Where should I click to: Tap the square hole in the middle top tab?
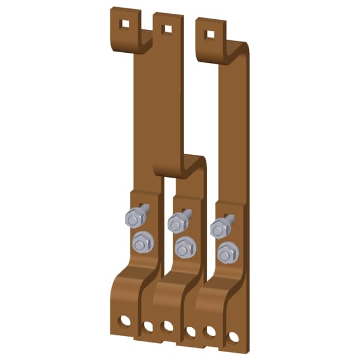click(167, 28)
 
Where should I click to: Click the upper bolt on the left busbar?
click(133, 218)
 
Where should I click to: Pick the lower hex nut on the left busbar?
click(142, 242)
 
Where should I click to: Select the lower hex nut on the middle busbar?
click(185, 247)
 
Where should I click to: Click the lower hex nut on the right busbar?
click(227, 253)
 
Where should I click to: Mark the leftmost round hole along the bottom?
click(125, 320)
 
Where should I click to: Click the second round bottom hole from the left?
click(148, 326)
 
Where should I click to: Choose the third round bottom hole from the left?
click(167, 326)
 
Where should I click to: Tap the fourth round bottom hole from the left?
click(191, 331)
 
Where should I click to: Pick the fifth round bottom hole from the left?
click(210, 331)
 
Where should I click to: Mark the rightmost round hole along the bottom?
click(233, 337)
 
